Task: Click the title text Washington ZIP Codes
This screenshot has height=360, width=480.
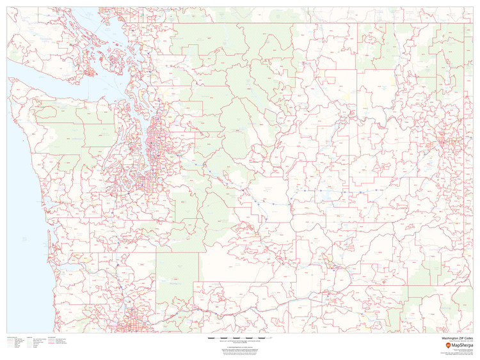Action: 455,338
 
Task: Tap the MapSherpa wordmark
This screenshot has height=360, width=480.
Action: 460,345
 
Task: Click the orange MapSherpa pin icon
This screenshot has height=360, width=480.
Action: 447,345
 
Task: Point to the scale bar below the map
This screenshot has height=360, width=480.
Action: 239,337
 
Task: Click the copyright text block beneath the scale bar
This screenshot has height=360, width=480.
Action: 239,348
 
